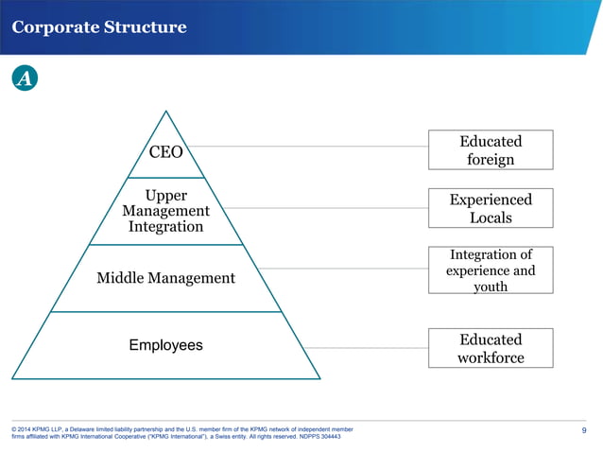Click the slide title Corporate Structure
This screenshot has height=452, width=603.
click(99, 26)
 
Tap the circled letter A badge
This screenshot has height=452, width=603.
click(25, 79)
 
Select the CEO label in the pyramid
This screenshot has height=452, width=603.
click(166, 152)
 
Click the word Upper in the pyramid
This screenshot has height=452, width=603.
click(165, 195)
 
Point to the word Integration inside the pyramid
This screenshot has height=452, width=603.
click(165, 227)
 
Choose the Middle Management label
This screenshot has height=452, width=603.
click(165, 278)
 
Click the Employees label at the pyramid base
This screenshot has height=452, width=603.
click(165, 345)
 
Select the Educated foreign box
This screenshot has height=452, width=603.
click(491, 150)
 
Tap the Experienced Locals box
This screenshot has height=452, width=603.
click(491, 209)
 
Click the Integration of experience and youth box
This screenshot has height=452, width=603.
click(491, 269)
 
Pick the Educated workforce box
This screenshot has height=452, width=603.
click(491, 348)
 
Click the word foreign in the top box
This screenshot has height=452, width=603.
click(491, 160)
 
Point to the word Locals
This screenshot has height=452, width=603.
click(491, 218)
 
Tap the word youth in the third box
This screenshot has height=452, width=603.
click(491, 286)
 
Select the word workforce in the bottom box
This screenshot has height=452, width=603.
click(491, 357)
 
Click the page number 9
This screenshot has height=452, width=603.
click(584, 432)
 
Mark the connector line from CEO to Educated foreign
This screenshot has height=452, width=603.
click(312, 147)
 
